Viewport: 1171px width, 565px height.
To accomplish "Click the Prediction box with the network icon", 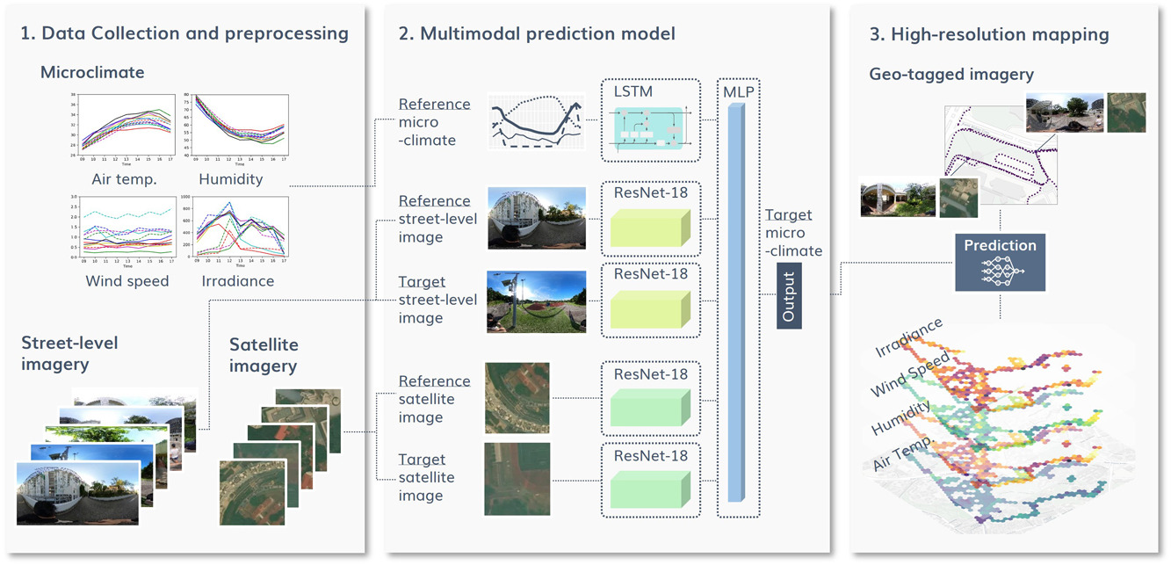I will tap(1000, 262).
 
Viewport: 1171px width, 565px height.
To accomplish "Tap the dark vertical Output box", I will tap(788, 299).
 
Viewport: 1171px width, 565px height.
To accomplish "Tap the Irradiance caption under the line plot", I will tap(237, 281).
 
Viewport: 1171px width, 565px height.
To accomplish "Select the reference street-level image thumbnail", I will tap(536, 217).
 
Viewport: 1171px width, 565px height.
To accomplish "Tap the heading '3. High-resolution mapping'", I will tap(988, 35).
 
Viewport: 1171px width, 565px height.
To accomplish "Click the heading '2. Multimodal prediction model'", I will tap(537, 35).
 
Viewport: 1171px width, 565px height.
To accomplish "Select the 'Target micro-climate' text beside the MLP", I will tap(792, 233).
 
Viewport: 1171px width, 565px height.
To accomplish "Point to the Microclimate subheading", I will tap(92, 72).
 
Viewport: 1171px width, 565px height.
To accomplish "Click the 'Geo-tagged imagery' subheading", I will tap(951, 75).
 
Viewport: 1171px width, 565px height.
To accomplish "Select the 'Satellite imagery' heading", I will tap(264, 355).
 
